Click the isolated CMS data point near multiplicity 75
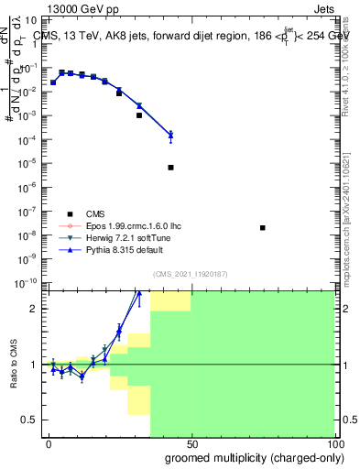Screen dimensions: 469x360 click(x=263, y=227)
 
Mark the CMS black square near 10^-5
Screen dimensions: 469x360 click(x=171, y=168)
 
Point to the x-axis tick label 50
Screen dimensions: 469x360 click(x=191, y=444)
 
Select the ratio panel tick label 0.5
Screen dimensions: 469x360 click(x=29, y=420)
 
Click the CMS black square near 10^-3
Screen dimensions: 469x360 click(x=139, y=115)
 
